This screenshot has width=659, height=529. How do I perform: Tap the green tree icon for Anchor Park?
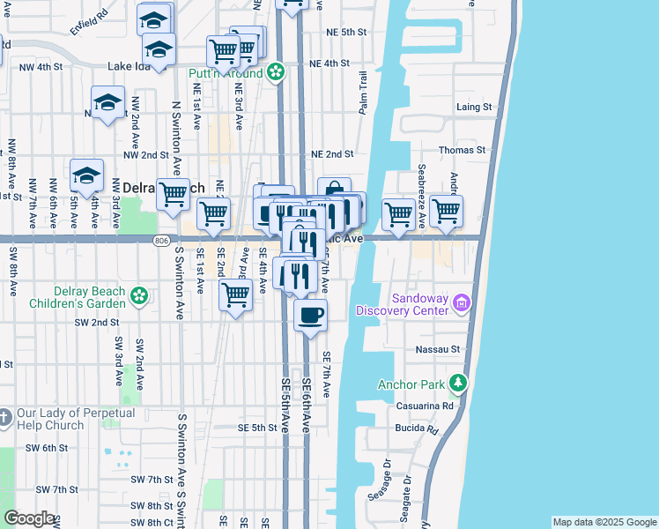point(457,383)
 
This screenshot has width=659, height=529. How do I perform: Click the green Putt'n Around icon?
point(276,71)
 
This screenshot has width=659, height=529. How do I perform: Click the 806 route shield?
point(160,240)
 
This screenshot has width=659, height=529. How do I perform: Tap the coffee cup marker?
point(310,317)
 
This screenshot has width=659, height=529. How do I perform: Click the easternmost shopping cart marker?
point(447,212)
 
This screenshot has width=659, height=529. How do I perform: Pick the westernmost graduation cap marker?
point(87,175)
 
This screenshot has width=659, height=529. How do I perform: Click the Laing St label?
point(474,107)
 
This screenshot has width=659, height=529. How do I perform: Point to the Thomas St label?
point(463,150)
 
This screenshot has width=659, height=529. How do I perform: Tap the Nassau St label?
point(439,349)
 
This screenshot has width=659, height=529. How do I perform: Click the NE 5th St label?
point(345,32)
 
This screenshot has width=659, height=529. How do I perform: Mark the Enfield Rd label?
point(89,15)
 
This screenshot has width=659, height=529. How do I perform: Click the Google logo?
point(29,518)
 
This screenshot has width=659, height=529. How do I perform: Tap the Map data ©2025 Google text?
point(603,522)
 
